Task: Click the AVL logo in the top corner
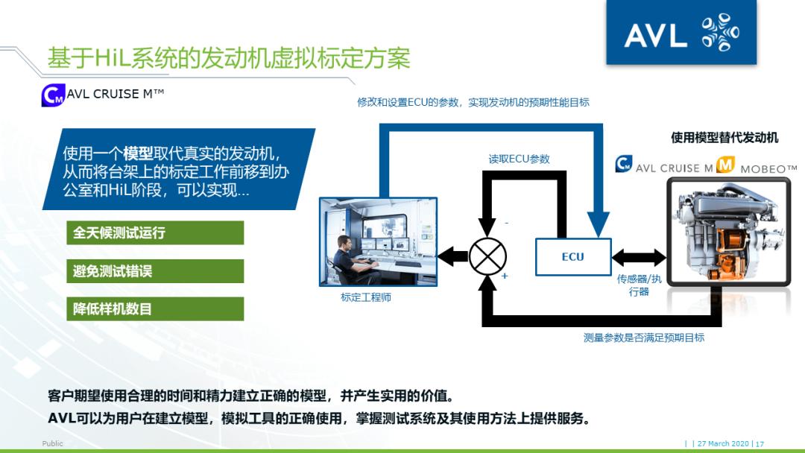coord(681,33)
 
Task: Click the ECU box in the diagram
coord(573,257)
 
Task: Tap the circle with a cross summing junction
coord(487,257)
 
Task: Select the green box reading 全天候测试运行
coord(155,232)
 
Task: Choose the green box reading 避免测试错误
coord(155,271)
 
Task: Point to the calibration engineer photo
coord(378,241)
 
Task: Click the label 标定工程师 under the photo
coord(366,297)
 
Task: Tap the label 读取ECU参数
coord(519,159)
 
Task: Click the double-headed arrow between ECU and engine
coord(638,258)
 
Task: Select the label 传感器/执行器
coord(639,285)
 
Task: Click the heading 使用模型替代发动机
coord(724,138)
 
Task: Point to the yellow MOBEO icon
coord(726,165)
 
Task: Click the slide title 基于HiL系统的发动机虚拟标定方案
coord(229,58)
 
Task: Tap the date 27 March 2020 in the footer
coord(724,444)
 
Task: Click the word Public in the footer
coord(53,444)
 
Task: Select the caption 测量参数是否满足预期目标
coord(643,338)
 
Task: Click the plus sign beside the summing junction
coord(505,276)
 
